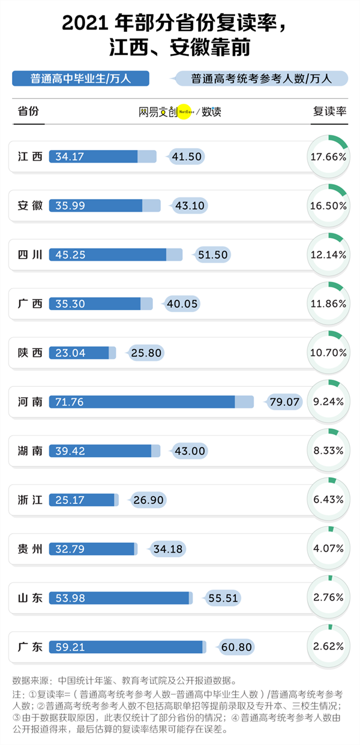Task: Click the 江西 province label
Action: coord(30,157)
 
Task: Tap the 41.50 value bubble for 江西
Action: coord(187,157)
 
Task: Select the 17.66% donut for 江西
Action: coord(328,157)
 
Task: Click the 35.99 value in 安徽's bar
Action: coord(70,206)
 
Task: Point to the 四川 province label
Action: coord(30,255)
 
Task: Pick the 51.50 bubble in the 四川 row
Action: coord(212,255)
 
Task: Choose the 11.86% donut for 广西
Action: coord(328,304)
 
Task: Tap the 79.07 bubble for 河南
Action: coord(284,402)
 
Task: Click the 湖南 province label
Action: coord(30,450)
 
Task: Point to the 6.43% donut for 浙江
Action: coord(328,500)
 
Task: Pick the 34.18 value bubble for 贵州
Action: coord(169,549)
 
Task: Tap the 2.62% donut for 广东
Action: coord(328,647)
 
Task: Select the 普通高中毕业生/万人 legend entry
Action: coord(80,79)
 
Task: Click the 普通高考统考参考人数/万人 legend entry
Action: coord(262,79)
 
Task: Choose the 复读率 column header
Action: coord(329,112)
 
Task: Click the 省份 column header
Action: coord(28,112)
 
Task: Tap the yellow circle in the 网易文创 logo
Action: coord(184,112)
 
